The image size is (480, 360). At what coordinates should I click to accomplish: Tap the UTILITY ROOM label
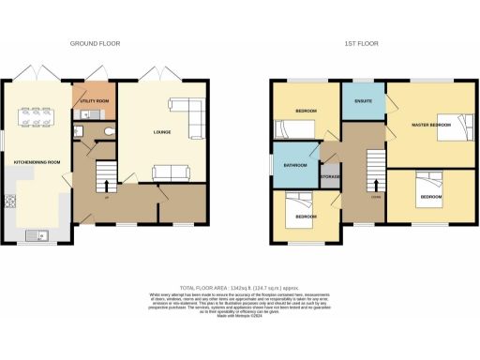coord(96,100)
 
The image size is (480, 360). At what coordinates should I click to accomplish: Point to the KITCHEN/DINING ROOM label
coord(36,161)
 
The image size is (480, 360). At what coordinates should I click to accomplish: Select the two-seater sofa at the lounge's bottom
coord(170,171)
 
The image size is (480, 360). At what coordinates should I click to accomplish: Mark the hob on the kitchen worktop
coord(11,201)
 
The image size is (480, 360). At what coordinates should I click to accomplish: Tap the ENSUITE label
coord(362,100)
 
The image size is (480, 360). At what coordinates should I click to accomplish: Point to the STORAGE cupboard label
coord(329,176)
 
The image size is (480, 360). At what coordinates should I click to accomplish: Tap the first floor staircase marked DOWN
coord(375,172)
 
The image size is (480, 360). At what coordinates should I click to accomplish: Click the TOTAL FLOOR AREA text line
coord(240,288)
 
